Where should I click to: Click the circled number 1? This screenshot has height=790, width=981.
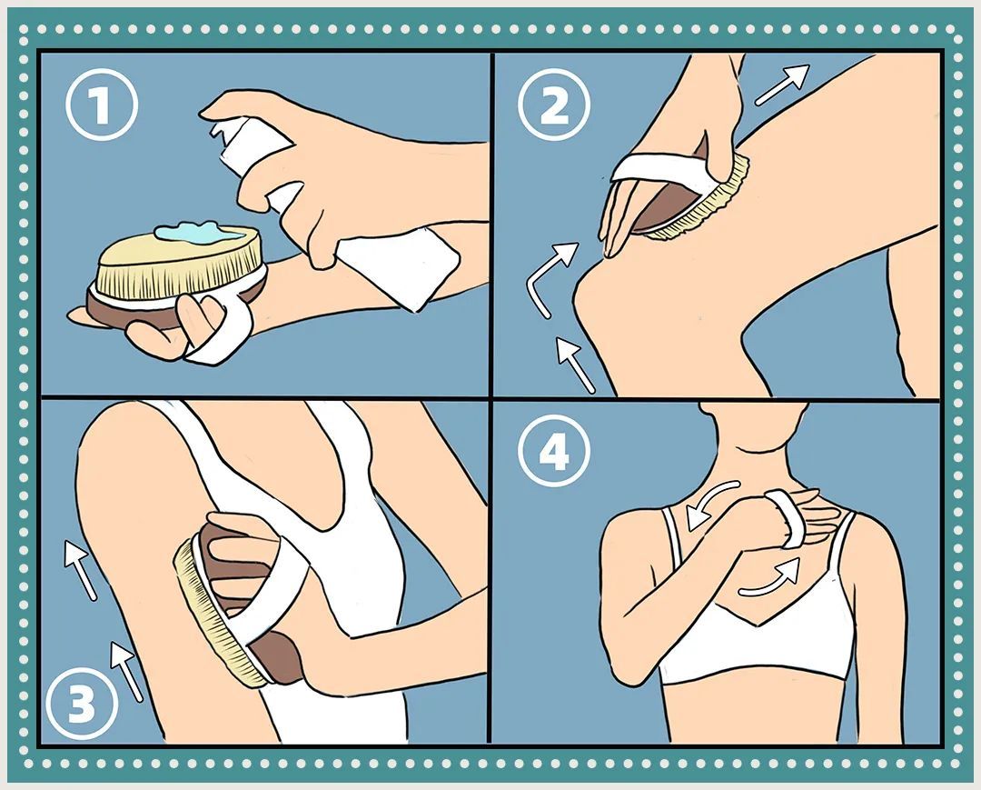tap(102, 105)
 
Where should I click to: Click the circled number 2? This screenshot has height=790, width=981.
tap(554, 105)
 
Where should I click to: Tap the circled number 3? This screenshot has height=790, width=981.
tap(83, 705)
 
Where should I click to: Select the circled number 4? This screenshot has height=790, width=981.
tap(554, 451)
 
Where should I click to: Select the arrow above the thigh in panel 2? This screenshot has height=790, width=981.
tap(782, 84)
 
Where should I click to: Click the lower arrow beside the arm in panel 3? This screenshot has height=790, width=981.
tap(125, 670)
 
